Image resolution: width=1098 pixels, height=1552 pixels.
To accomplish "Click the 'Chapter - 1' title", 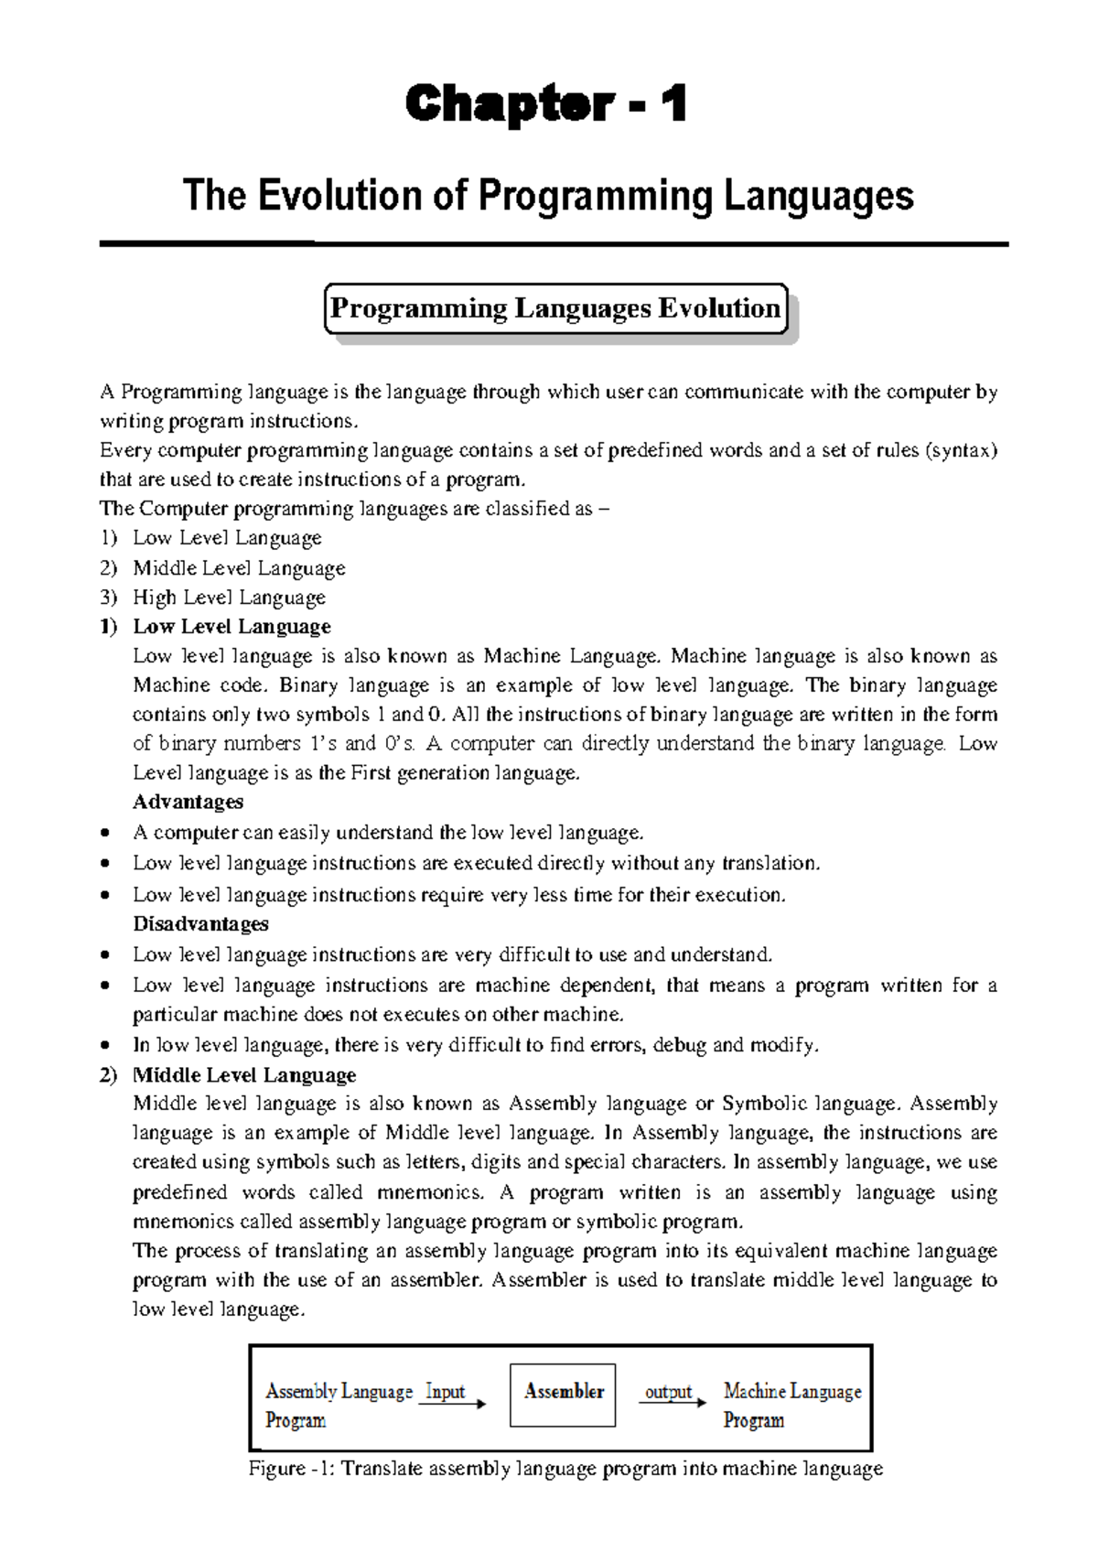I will (x=546, y=103).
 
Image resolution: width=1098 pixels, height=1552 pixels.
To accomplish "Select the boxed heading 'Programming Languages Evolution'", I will (x=555, y=308).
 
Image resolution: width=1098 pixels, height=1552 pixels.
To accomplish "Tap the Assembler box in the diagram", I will (x=563, y=1394).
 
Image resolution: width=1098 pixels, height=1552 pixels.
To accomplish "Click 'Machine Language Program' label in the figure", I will (x=791, y=1405).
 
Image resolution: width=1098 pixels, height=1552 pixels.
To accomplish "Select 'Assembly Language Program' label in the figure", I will (x=338, y=1405).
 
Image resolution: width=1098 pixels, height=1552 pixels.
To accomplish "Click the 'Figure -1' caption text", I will (x=565, y=1468).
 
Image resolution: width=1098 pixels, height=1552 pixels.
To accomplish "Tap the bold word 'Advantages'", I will (x=188, y=802).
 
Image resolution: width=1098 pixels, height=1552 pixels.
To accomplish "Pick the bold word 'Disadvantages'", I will (x=200, y=923).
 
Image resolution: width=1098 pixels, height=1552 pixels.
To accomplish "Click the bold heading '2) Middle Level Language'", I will (x=228, y=1074).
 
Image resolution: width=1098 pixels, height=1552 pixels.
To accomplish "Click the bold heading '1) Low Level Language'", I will (x=216, y=627).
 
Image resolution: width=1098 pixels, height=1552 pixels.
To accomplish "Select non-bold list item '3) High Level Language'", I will (x=213, y=598).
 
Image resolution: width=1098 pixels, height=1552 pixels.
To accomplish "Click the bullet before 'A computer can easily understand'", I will (x=107, y=833).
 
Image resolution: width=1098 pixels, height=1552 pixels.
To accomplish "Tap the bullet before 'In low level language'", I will (x=107, y=1045).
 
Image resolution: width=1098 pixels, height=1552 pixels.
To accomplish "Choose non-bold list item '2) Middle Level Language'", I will (x=223, y=568).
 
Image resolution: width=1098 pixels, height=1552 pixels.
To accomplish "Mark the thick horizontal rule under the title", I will (x=554, y=244).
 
